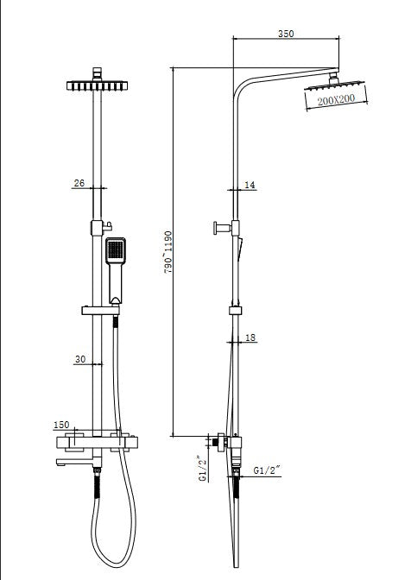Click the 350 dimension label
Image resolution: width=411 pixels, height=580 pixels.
[x=286, y=35]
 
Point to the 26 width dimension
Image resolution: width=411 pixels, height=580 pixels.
[x=79, y=182]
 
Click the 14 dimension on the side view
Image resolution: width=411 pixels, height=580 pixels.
[x=250, y=185]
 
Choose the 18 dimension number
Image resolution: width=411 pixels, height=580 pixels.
[x=250, y=339]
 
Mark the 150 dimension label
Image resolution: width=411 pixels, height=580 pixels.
[x=61, y=425]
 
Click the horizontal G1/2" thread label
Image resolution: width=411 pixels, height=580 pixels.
[x=265, y=470]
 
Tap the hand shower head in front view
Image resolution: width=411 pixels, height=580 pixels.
[x=116, y=252]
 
